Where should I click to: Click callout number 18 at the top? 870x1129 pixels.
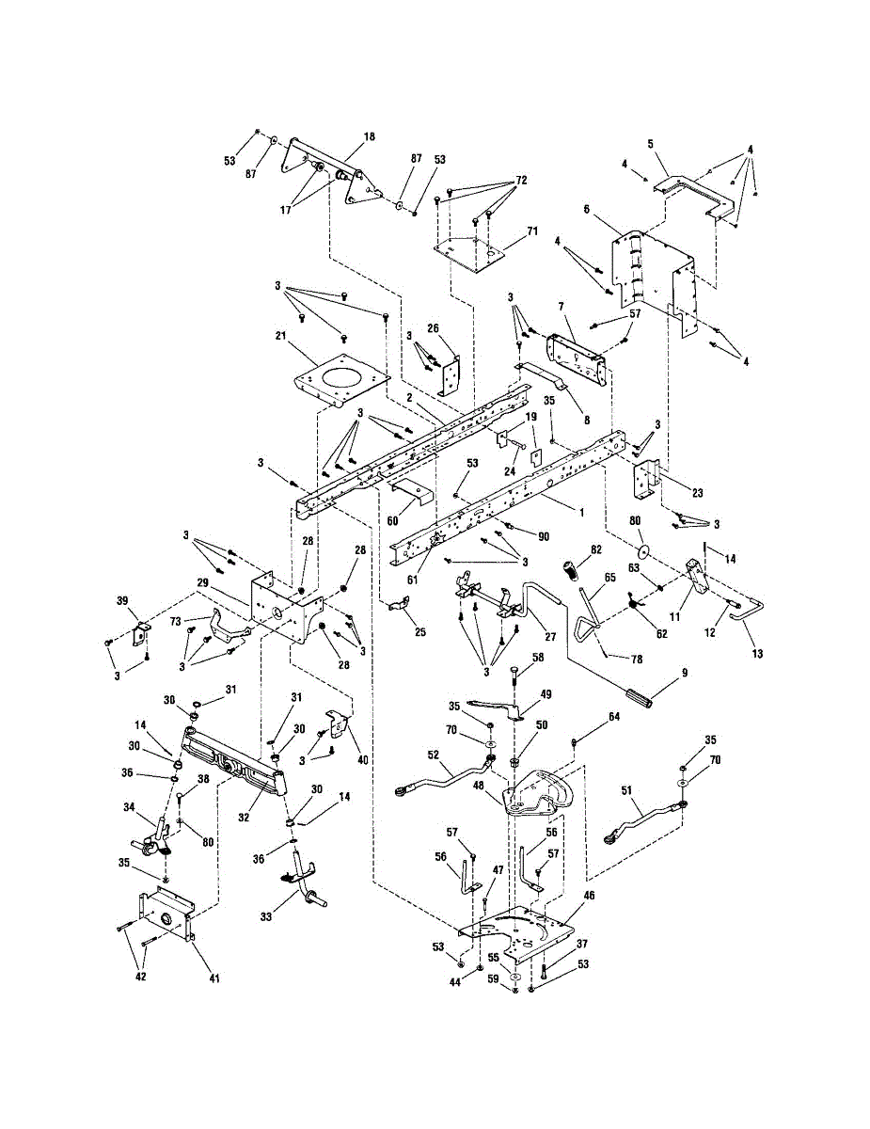(x=369, y=136)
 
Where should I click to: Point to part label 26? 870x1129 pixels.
(x=434, y=327)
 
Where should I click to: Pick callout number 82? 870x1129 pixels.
(x=596, y=549)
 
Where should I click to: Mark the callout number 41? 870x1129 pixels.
(x=214, y=979)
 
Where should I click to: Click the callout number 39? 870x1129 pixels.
(x=120, y=601)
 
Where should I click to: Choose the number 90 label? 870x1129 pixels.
(x=544, y=535)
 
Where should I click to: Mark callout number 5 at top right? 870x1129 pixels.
(x=650, y=144)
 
